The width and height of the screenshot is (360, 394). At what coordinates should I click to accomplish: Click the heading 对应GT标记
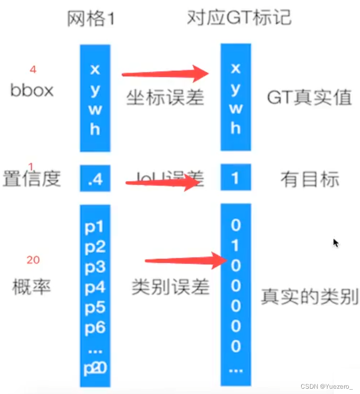point(239,18)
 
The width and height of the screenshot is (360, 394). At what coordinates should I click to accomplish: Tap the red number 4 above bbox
point(33,69)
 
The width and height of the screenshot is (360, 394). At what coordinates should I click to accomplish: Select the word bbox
point(32,90)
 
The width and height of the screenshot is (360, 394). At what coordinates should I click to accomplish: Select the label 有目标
point(309,179)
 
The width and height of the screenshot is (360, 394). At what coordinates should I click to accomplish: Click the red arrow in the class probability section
point(186,261)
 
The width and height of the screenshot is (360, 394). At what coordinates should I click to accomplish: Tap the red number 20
point(33,260)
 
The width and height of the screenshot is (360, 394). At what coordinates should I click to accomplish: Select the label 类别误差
point(170,287)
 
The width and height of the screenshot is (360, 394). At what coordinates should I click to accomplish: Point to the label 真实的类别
point(309,296)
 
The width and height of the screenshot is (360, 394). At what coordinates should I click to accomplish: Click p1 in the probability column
point(95,227)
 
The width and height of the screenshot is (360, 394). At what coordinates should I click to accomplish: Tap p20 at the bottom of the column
point(95,369)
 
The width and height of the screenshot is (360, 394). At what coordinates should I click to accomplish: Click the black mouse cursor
point(336,243)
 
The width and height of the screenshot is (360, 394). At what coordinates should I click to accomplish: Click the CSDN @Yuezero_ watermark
point(326,386)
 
